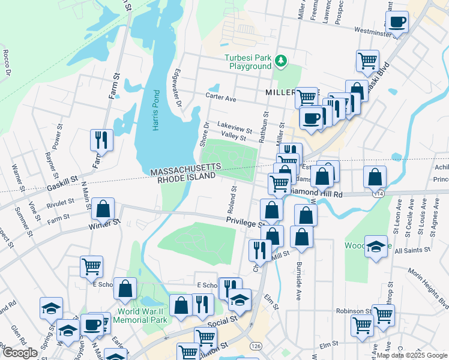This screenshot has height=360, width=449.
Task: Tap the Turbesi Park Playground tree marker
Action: (280, 59)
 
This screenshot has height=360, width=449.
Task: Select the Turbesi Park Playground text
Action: (248, 62)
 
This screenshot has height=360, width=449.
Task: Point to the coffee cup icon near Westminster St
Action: (397, 23)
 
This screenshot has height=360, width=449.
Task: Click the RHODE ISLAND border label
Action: (185, 177)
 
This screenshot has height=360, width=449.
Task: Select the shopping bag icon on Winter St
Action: (103, 209)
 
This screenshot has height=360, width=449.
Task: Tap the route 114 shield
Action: (378, 194)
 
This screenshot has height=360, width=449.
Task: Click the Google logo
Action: (20, 353)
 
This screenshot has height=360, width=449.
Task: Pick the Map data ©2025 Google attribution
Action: (412, 355)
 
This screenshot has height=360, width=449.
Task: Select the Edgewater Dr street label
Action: (178, 87)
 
